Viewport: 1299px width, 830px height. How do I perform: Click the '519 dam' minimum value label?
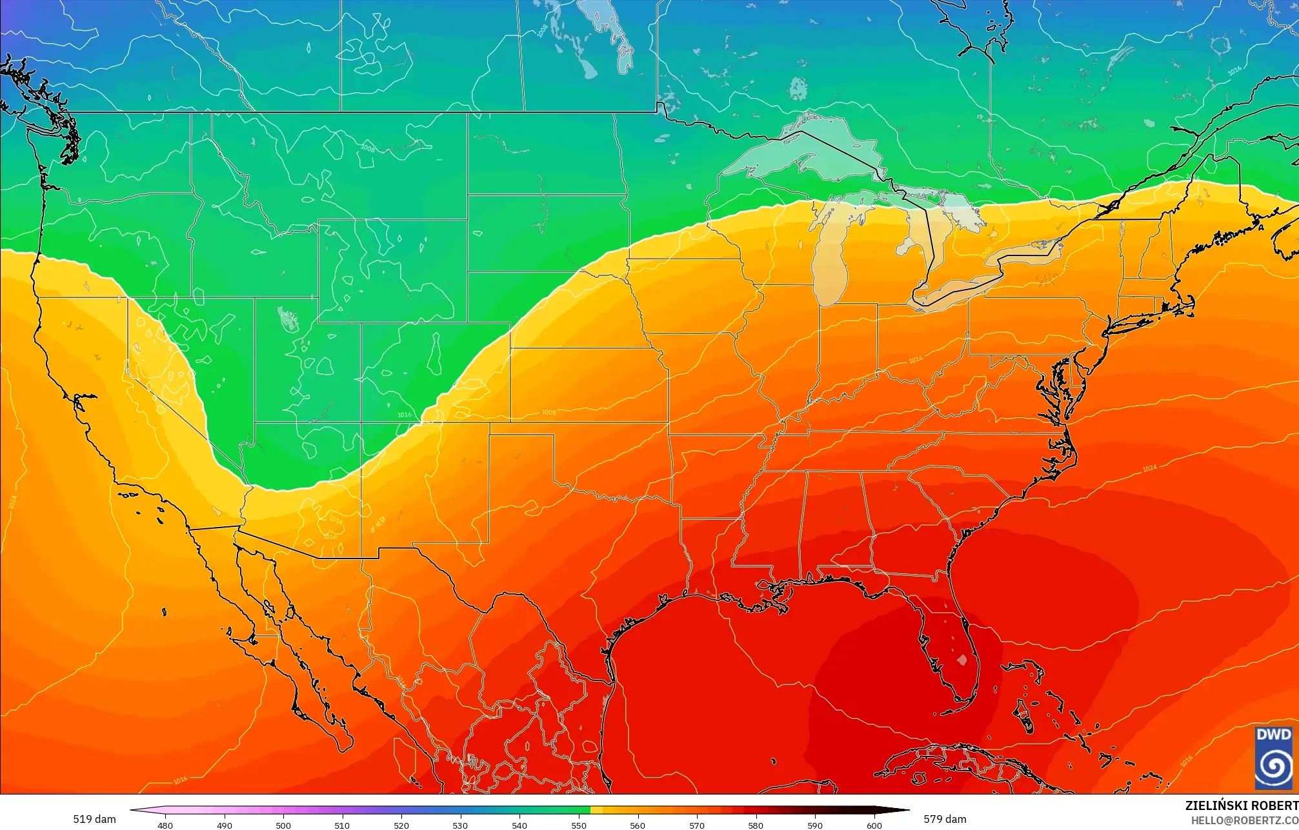click(x=94, y=819)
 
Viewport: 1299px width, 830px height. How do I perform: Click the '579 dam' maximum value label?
click(x=945, y=819)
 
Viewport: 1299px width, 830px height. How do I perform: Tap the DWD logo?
click(x=1273, y=757)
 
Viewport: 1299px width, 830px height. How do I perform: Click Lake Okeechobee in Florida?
click(x=962, y=660)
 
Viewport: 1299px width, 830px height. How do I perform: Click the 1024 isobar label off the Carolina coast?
click(x=1149, y=468)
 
